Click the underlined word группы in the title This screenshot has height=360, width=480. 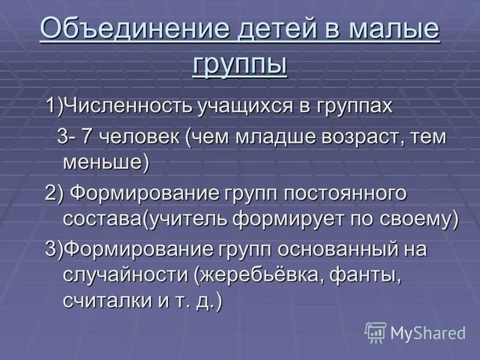pyautogui.click(x=239, y=64)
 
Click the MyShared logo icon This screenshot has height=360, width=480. pyautogui.click(x=376, y=332)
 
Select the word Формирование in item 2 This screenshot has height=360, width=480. pyautogui.click(x=145, y=193)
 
